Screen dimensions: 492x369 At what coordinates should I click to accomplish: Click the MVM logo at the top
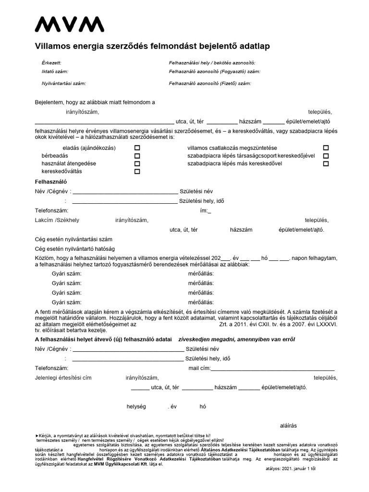point(69,24)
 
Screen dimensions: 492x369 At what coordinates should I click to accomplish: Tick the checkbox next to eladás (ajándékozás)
point(137,148)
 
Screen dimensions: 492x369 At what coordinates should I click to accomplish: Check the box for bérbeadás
point(137,156)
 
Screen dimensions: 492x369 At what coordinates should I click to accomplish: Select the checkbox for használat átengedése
point(137,164)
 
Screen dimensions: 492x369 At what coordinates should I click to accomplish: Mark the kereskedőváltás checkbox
point(137,172)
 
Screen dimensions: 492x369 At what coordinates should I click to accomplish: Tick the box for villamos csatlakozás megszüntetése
point(326,148)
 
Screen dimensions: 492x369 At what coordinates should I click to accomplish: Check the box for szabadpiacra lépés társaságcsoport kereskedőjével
point(326,156)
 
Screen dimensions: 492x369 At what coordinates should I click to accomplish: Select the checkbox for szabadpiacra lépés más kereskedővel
point(326,164)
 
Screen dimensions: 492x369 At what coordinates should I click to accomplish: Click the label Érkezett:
point(52,63)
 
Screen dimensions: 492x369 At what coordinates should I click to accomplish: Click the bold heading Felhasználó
point(50,182)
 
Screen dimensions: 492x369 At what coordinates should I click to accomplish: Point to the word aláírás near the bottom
point(288,425)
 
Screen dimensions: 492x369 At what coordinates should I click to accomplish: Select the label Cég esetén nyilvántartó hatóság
point(75,249)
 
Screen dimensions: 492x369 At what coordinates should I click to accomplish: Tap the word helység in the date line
point(135,406)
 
